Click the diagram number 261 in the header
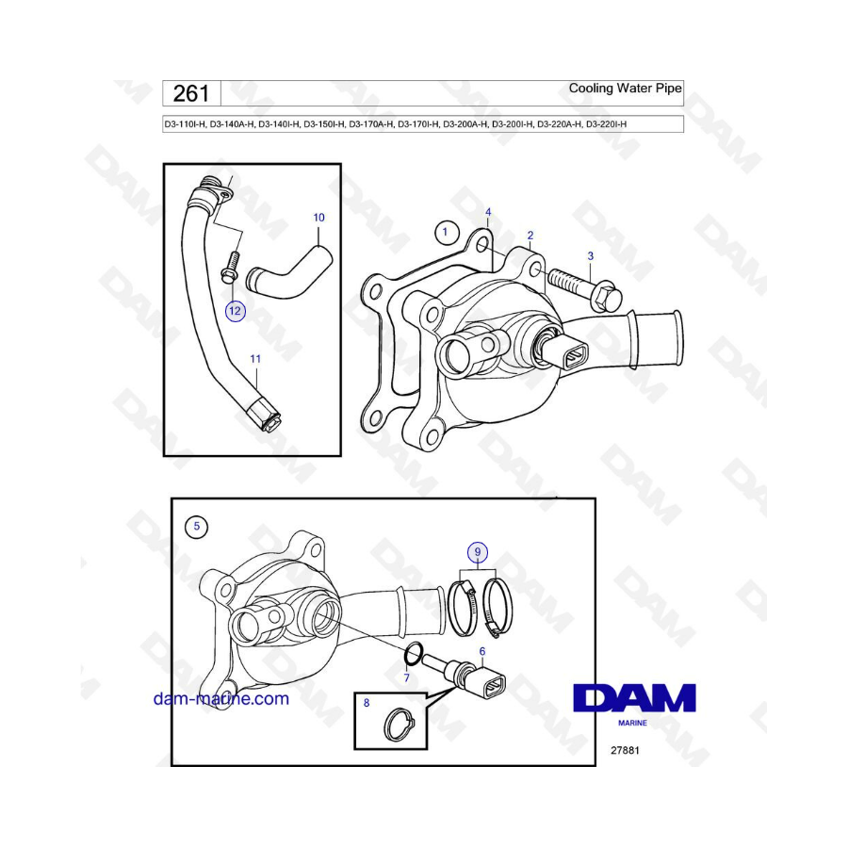[x=191, y=93]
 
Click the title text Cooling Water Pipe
[x=626, y=89]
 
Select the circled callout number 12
[x=235, y=311]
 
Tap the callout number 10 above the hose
[x=319, y=218]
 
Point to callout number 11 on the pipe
[x=255, y=359]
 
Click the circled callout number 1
[x=446, y=232]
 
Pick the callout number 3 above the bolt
[x=591, y=255]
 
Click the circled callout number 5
[x=196, y=526]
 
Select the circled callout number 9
[x=478, y=552]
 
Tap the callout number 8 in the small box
[x=367, y=703]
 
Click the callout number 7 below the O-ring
[x=407, y=677]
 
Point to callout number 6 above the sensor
[x=482, y=652]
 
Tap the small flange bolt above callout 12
[x=229, y=268]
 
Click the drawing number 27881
[x=625, y=750]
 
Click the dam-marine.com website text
[x=221, y=698]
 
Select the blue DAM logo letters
[x=634, y=697]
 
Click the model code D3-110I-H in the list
[x=185, y=124]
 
